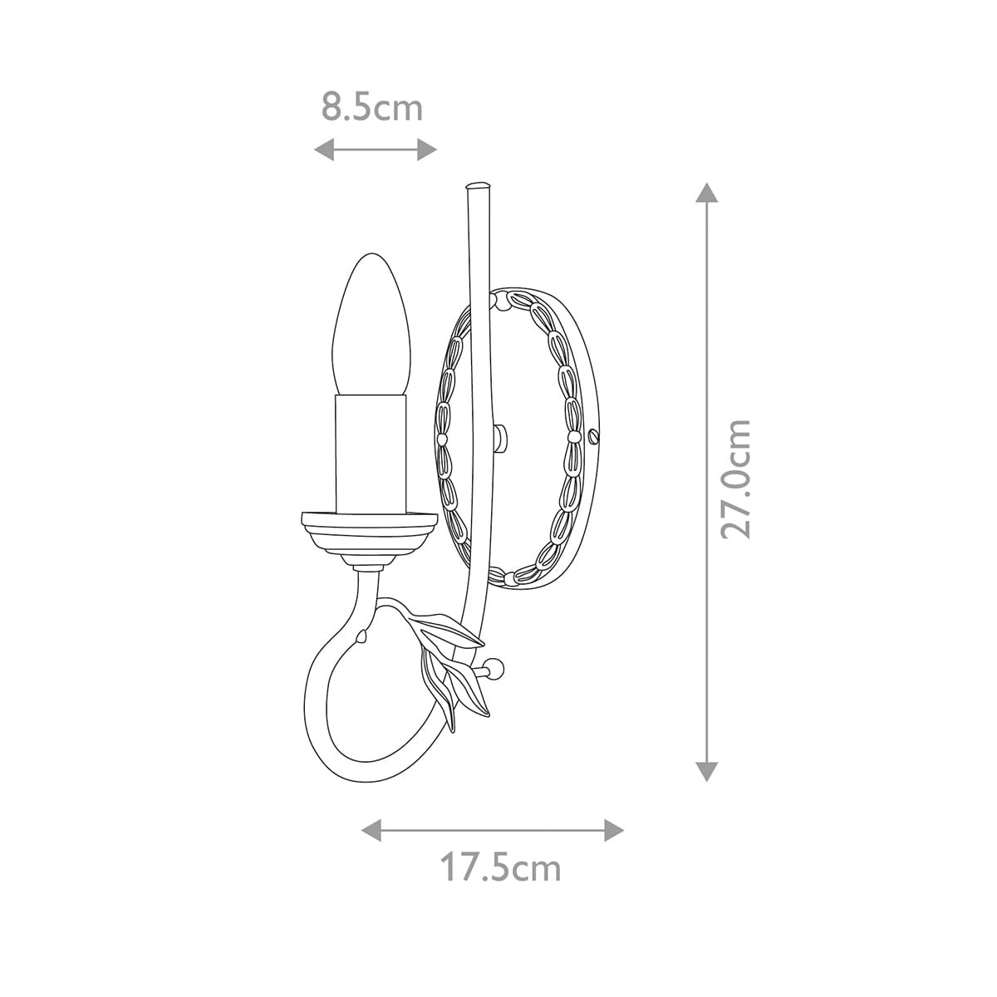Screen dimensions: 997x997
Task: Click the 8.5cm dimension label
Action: tap(372, 108)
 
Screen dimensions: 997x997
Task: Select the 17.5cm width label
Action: tap(500, 868)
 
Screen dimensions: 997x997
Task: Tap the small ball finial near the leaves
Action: tap(496, 667)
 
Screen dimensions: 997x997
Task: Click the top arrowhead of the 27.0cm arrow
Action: tap(707, 193)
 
